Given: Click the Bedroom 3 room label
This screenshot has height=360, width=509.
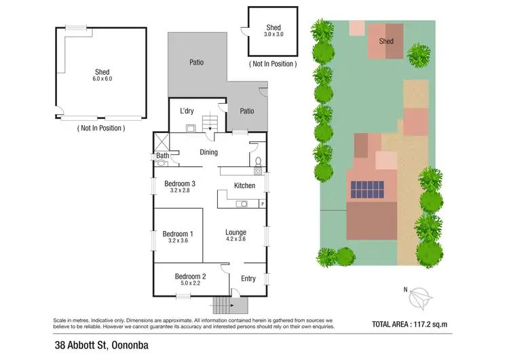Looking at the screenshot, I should (180, 183).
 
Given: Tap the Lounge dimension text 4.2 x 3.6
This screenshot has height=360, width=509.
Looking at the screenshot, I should (235, 239).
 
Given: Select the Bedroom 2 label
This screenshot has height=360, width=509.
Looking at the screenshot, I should (190, 276).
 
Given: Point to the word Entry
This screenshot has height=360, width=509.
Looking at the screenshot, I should (248, 278).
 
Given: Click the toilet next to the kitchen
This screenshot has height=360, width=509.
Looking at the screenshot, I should (258, 161).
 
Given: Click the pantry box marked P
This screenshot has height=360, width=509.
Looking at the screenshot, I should (262, 204).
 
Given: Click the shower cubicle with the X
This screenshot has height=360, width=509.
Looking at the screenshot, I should (161, 142).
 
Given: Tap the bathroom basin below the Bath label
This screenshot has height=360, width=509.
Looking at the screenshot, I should (162, 163).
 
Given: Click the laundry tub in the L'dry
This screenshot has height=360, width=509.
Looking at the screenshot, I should (191, 127).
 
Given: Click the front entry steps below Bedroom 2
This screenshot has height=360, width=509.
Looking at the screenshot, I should (223, 305).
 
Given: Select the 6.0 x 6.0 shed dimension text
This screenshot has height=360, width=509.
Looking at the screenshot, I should (102, 79).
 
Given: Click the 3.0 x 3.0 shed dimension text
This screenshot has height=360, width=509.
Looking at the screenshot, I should (274, 34).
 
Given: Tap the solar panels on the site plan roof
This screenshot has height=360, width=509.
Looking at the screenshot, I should (366, 190).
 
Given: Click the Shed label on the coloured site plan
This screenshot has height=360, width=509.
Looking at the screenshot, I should (386, 41).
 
